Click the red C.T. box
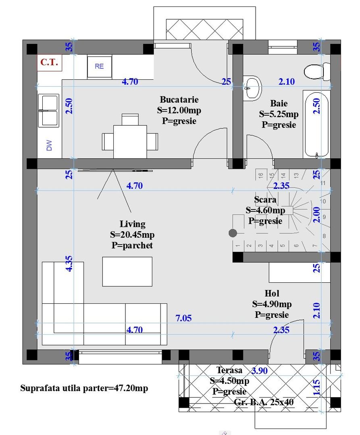(49, 62)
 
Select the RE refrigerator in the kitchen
(99, 66)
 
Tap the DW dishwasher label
(49, 145)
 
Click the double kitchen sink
(48, 111)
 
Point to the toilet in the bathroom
(316, 72)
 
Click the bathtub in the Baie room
(317, 125)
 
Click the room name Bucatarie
(179, 99)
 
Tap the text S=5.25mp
(279, 114)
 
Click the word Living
(132, 224)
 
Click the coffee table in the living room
(127, 271)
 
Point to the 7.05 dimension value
(183, 319)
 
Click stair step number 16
(260, 175)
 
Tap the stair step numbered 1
(238, 245)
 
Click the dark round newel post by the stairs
(233, 233)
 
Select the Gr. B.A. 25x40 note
(264, 402)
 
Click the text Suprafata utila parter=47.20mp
(84, 388)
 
